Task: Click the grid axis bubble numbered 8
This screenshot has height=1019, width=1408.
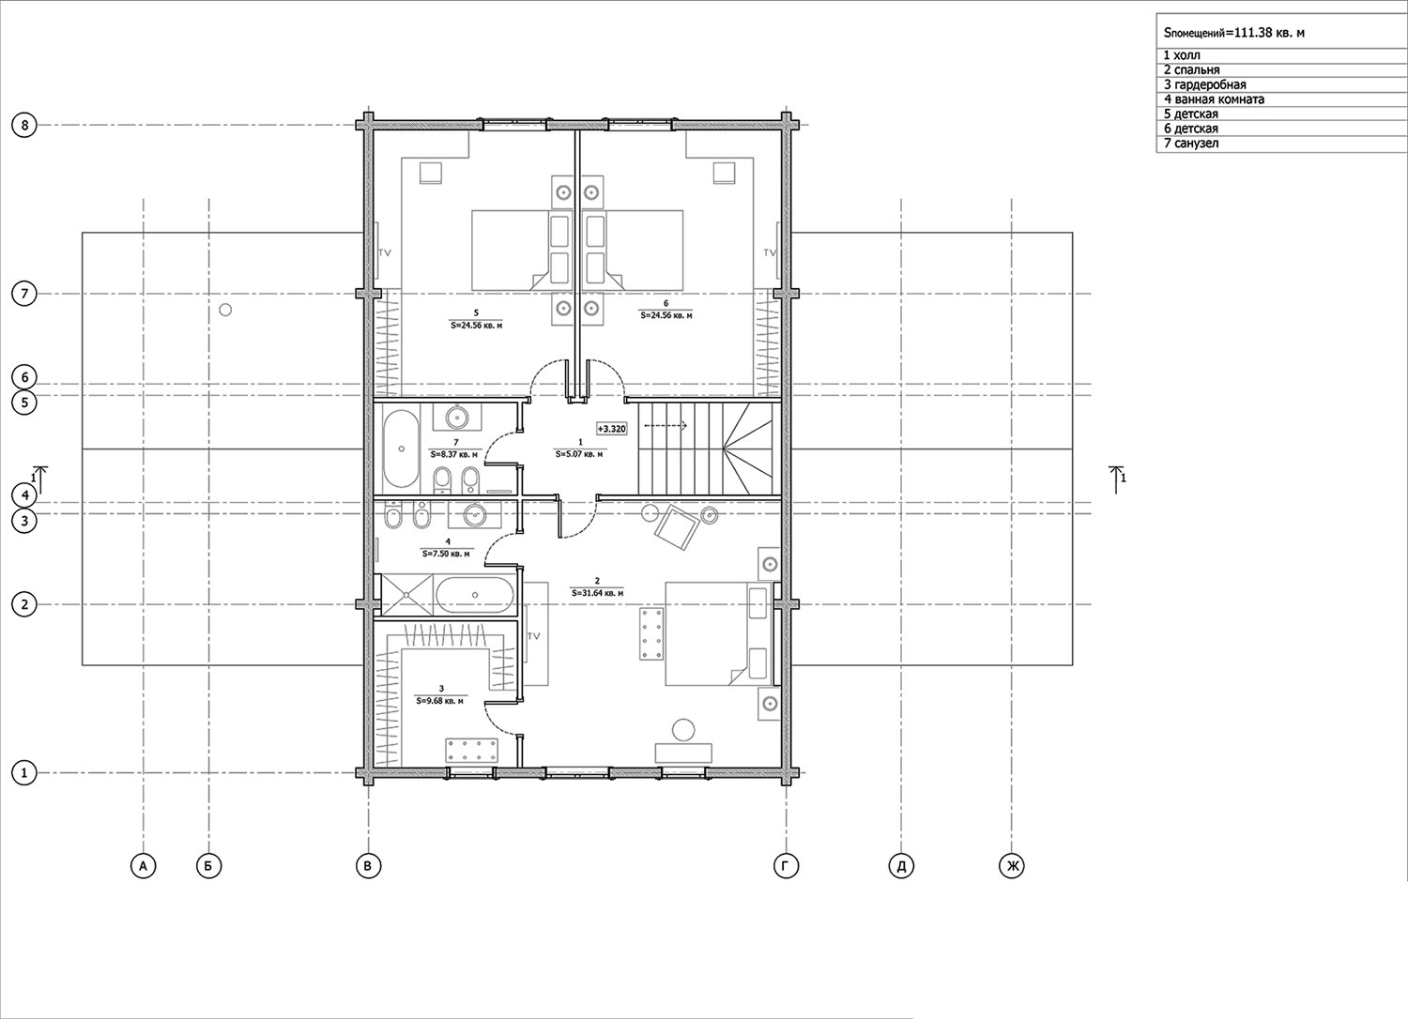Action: pyautogui.click(x=24, y=125)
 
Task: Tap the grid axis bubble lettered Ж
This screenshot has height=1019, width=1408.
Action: pyautogui.click(x=1011, y=866)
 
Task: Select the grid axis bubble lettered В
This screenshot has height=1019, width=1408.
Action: pyautogui.click(x=368, y=866)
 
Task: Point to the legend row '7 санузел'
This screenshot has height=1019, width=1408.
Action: pyautogui.click(x=1191, y=144)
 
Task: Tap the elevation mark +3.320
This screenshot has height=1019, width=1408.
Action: pyautogui.click(x=611, y=429)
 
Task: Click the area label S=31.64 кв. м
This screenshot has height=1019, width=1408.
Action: pyautogui.click(x=597, y=592)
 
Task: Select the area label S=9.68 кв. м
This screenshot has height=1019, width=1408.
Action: pyautogui.click(x=439, y=701)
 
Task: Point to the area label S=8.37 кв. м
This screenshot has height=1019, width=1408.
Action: pyautogui.click(x=453, y=454)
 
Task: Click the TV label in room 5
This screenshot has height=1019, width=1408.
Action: pyautogui.click(x=385, y=252)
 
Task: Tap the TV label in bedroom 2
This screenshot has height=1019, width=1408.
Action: pyautogui.click(x=534, y=636)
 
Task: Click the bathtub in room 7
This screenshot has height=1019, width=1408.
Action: pyautogui.click(x=401, y=449)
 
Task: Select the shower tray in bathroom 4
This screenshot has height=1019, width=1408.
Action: pyautogui.click(x=407, y=594)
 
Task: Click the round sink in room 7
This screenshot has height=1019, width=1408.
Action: pyautogui.click(x=455, y=417)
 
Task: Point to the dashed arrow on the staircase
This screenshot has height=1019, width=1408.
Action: pyautogui.click(x=666, y=425)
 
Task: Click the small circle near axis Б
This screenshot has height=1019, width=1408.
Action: pyautogui.click(x=225, y=310)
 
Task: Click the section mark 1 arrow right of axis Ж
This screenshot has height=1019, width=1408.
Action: pyautogui.click(x=1117, y=479)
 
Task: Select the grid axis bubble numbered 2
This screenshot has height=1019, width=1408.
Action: pyautogui.click(x=24, y=604)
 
